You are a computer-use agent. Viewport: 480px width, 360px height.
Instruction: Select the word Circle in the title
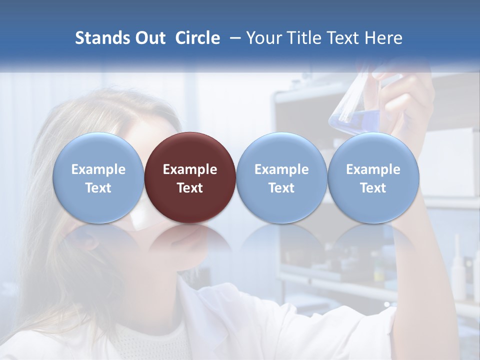197,38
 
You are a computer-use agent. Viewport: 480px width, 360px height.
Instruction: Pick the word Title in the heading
300,38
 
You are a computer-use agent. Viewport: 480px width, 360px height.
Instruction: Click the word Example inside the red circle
190,169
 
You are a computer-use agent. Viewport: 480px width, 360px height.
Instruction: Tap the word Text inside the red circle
190,188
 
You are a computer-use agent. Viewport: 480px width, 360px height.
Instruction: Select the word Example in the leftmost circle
98,169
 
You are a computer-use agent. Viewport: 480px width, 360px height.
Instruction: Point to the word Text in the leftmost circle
98,188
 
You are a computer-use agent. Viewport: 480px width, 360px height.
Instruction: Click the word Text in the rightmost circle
373,188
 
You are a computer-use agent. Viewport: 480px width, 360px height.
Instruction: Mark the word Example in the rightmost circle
373,169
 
